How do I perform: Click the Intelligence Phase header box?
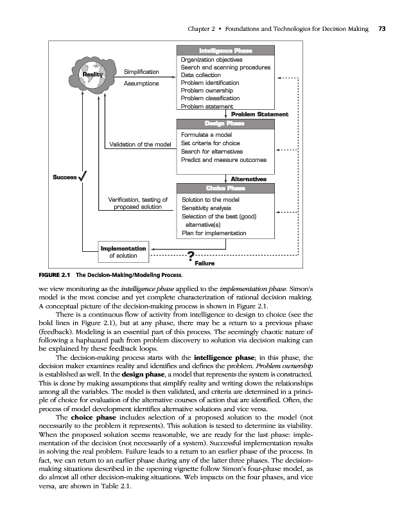[225, 51]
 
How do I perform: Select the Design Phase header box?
[225, 123]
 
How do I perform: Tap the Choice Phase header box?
[225, 188]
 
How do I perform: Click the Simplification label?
[141, 72]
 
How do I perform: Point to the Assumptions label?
[141, 84]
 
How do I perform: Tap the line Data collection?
[201, 75]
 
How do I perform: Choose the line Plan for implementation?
[213, 233]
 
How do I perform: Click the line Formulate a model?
[206, 135]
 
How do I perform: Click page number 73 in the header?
[381, 29]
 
